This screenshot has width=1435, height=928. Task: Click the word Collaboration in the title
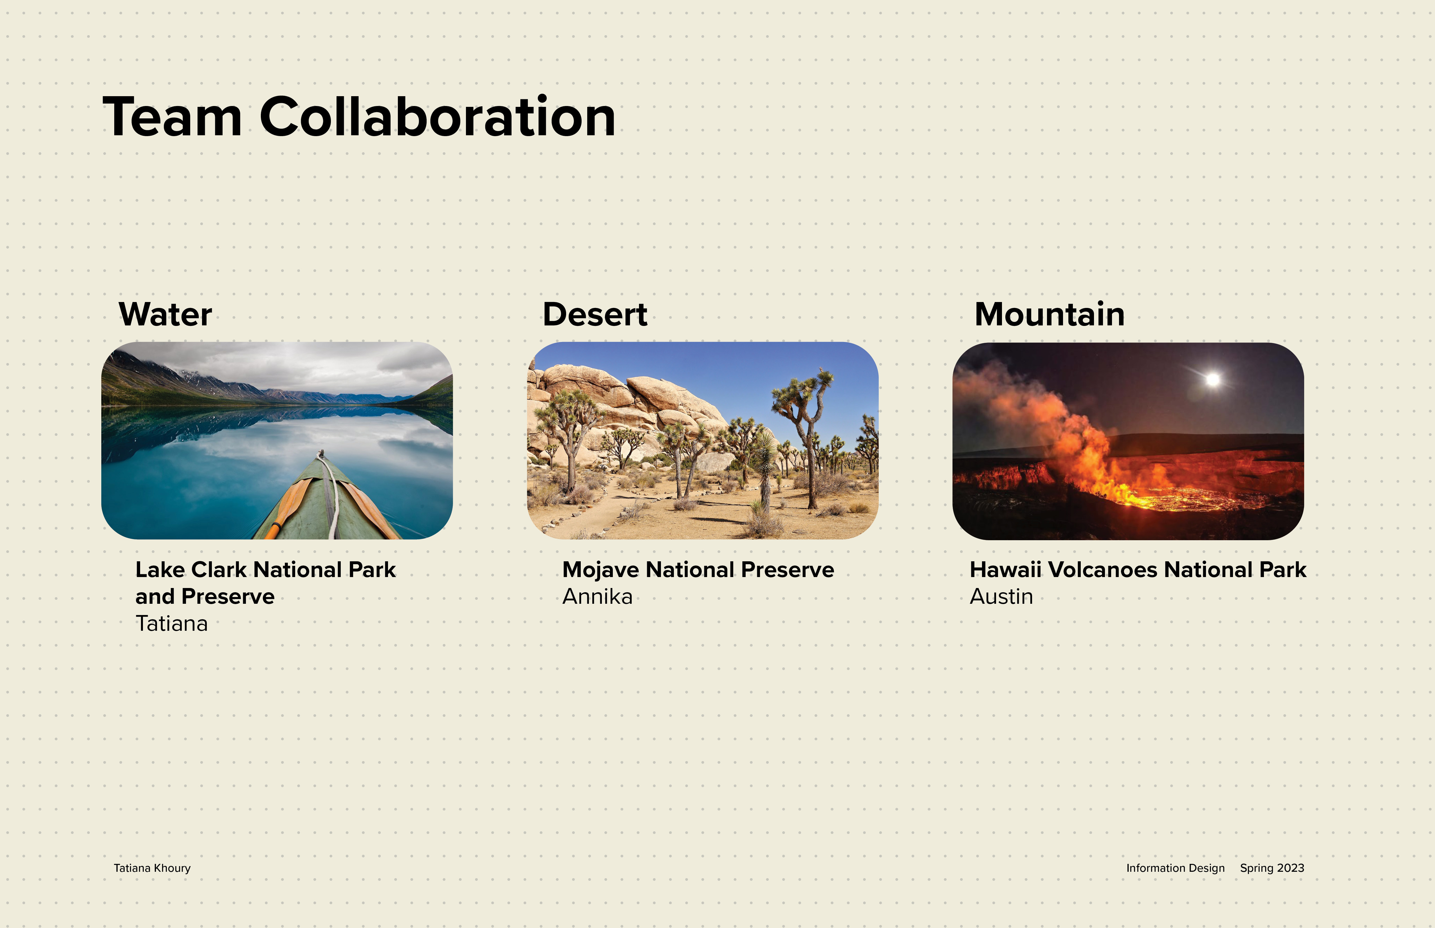[x=438, y=116]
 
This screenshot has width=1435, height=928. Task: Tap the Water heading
[x=165, y=315]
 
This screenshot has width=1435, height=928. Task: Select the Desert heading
[x=595, y=315]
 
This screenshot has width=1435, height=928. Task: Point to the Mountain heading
[x=1050, y=315]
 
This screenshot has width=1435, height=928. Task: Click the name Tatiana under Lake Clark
[x=172, y=623]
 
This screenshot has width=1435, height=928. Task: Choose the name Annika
[x=598, y=596]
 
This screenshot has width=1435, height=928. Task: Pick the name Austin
[x=1001, y=596]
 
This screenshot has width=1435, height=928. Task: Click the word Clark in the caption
[x=219, y=569]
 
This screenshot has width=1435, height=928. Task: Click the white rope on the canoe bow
[x=329, y=494]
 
